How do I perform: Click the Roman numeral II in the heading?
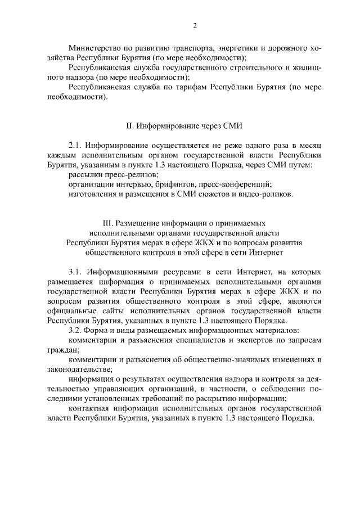tap(128, 126)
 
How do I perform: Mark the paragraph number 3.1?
tap(75, 272)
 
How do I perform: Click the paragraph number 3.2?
tap(75, 330)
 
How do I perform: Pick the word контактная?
tap(89, 408)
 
